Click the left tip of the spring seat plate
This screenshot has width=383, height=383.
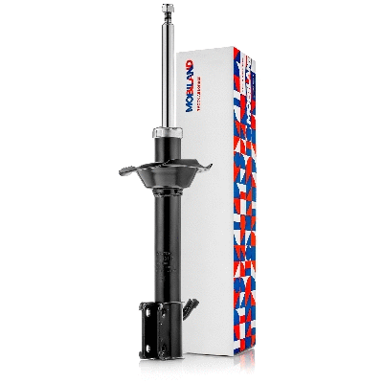click(119, 172)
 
